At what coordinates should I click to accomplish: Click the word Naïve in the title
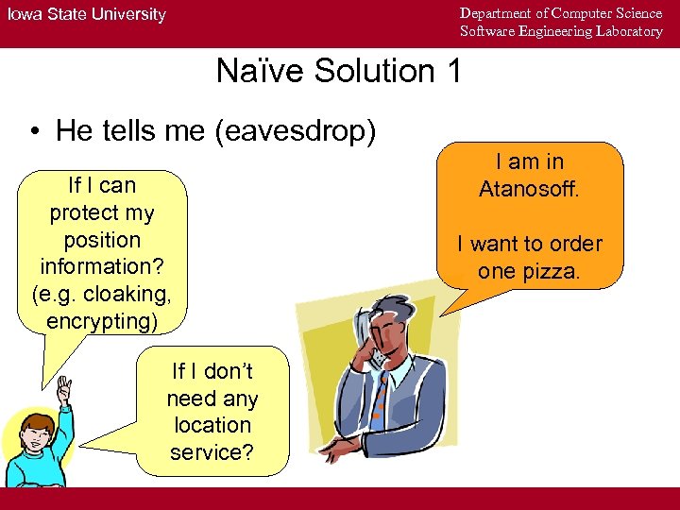coord(260,71)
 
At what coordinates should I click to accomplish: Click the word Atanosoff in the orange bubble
coord(528,189)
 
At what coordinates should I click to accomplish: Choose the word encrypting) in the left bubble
coord(102,321)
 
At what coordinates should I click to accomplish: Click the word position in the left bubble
coord(102,240)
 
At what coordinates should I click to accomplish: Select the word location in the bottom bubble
coord(212,425)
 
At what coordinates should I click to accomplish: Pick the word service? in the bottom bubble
coord(212,452)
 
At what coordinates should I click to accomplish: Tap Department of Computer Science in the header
coord(561,13)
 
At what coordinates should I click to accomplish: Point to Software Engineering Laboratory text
coord(561,31)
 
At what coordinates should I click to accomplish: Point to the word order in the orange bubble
coord(575,244)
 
